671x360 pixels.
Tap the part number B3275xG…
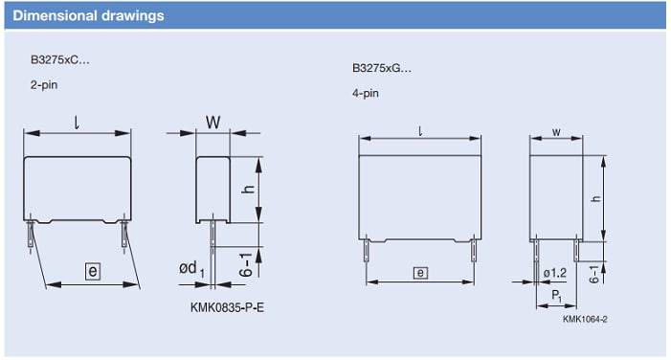point(382,69)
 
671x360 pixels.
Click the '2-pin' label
point(44,85)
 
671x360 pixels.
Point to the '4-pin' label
point(367,94)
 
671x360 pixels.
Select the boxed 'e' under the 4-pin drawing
point(419,273)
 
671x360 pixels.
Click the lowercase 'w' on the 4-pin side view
point(556,130)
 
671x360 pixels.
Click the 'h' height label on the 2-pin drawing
point(246,190)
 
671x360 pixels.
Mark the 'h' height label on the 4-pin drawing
point(595,197)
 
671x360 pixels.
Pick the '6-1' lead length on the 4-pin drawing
point(595,274)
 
